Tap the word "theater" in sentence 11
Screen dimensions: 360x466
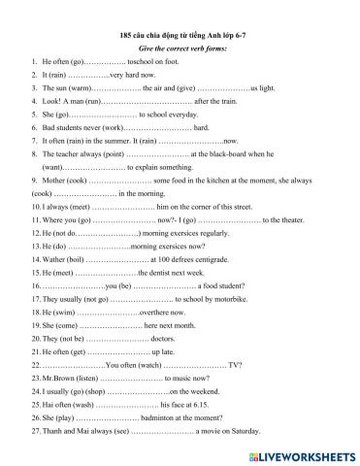(290, 220)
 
